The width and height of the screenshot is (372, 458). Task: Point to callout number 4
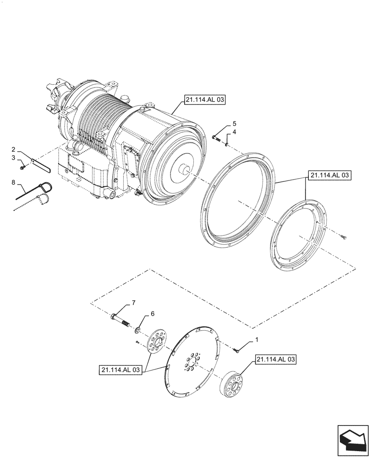pos(234,132)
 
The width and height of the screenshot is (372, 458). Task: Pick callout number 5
pos(234,124)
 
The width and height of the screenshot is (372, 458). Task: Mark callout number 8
pos(14,182)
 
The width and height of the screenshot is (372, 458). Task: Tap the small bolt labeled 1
pos(236,350)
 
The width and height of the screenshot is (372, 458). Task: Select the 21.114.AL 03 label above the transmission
pos(205,100)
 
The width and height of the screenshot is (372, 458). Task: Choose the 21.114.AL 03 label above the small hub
pos(276,360)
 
